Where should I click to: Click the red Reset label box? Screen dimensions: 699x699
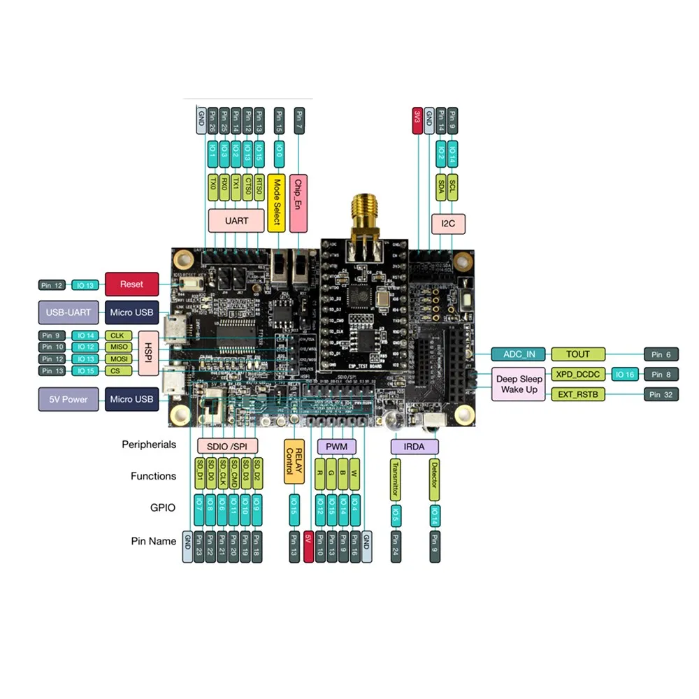(131, 284)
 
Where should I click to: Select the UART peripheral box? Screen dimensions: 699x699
(236, 221)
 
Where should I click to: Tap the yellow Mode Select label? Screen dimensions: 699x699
(277, 202)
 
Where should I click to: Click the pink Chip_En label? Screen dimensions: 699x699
(298, 203)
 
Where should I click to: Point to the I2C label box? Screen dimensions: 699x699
(448, 224)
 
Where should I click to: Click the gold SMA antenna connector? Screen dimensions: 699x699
(363, 210)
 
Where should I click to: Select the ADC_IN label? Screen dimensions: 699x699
(518, 354)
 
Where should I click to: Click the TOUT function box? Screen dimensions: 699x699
(579, 354)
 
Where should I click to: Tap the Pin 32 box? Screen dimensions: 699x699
(661, 394)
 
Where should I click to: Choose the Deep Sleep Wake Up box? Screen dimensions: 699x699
(519, 384)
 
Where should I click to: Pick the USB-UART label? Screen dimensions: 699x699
(69, 312)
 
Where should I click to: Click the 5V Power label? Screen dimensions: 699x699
(69, 399)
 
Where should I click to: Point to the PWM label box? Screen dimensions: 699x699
(337, 447)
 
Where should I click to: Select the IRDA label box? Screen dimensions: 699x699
(415, 447)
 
